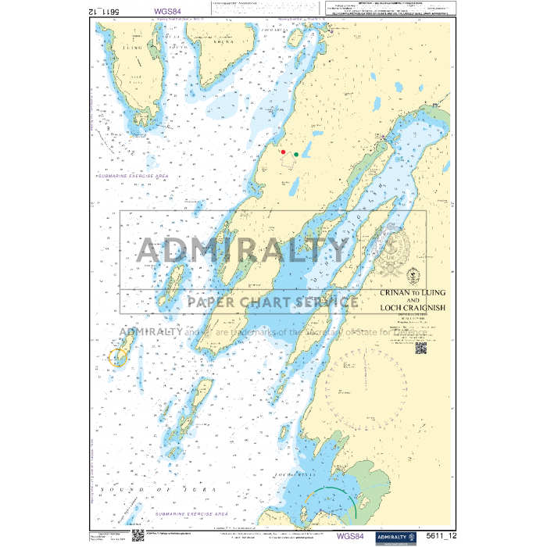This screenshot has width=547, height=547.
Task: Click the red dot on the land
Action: click(284, 152)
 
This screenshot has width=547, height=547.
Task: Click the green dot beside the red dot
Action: click(296, 155)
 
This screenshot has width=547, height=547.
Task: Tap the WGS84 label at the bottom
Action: click(350, 536)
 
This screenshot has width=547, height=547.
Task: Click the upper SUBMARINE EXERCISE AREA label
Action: click(131, 177)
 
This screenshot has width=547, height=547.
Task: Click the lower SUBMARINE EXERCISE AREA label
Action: click(191, 514)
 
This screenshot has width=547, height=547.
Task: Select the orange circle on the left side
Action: click(118, 357)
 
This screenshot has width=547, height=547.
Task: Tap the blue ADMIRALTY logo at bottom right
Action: click(396, 536)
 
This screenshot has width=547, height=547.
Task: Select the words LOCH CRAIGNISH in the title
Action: click(412, 308)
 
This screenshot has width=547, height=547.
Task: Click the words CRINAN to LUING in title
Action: click(412, 292)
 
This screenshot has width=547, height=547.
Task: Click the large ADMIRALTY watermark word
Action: click(242, 250)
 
